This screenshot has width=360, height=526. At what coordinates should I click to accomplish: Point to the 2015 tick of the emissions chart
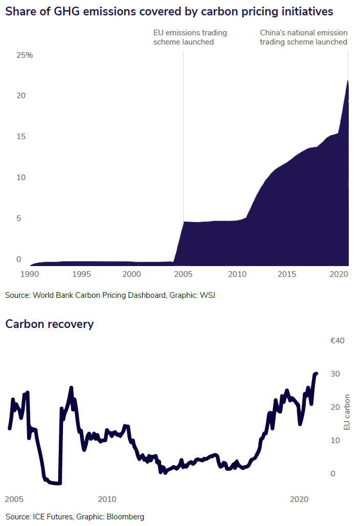coord(287,274)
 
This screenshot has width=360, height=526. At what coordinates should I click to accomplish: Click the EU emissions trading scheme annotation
coord(190,37)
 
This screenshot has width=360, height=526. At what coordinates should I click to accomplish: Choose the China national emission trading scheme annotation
coord(304,37)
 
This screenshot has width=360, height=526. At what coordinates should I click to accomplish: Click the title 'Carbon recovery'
coord(49,324)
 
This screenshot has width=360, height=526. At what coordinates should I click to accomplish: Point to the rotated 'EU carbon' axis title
coord(347,411)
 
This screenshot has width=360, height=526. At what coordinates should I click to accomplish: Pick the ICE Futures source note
coord(75,516)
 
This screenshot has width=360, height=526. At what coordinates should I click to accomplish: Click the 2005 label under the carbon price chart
coord(13,499)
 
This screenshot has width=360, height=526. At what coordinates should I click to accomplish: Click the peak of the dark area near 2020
coord(348,80)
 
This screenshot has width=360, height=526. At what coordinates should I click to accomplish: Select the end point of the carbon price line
coord(316,374)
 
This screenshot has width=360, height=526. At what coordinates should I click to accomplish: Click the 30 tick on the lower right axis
coord(335,374)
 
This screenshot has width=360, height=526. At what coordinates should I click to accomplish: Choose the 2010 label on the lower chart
coord(106,499)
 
